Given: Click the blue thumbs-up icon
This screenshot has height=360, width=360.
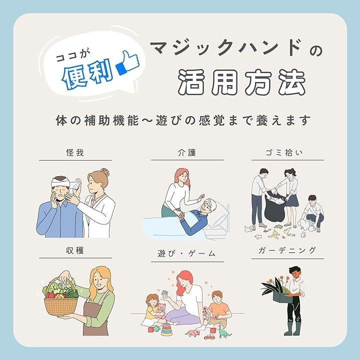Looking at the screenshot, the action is click(x=128, y=62).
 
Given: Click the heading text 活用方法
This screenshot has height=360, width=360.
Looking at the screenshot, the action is click(x=242, y=82).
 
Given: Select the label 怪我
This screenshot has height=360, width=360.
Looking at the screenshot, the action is click(x=75, y=152).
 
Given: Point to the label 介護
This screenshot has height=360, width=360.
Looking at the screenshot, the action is click(x=187, y=152).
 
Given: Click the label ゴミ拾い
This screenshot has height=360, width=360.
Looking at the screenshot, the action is click(x=284, y=152).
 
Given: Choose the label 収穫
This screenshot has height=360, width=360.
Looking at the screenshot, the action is click(x=75, y=250).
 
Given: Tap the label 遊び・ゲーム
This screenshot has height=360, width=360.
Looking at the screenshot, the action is click(x=186, y=253).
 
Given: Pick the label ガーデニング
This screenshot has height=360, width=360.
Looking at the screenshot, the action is click(x=287, y=250).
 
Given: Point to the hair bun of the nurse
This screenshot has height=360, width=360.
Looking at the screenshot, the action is click(x=105, y=172).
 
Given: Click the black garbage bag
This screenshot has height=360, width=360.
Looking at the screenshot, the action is click(x=275, y=208).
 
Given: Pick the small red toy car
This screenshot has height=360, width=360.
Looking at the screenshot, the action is click(x=209, y=337).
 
